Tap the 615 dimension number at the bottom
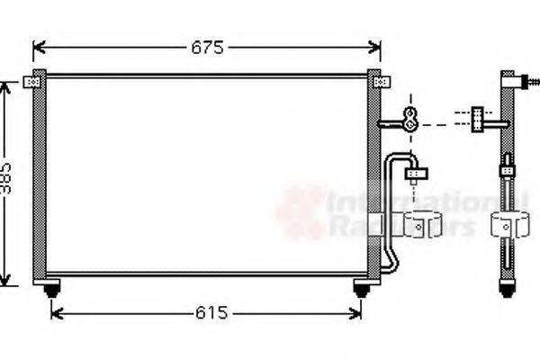pyautogui.click(x=211, y=313)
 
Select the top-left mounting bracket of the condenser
pyautogui.click(x=33, y=83)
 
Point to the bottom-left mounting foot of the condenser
pyautogui.click(x=51, y=289)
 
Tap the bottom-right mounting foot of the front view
pyautogui.click(x=362, y=289)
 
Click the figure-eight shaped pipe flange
pyautogui.click(x=409, y=118)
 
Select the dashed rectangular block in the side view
pyautogui.click(x=476, y=117)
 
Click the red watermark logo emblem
pyautogui.click(x=301, y=212)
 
